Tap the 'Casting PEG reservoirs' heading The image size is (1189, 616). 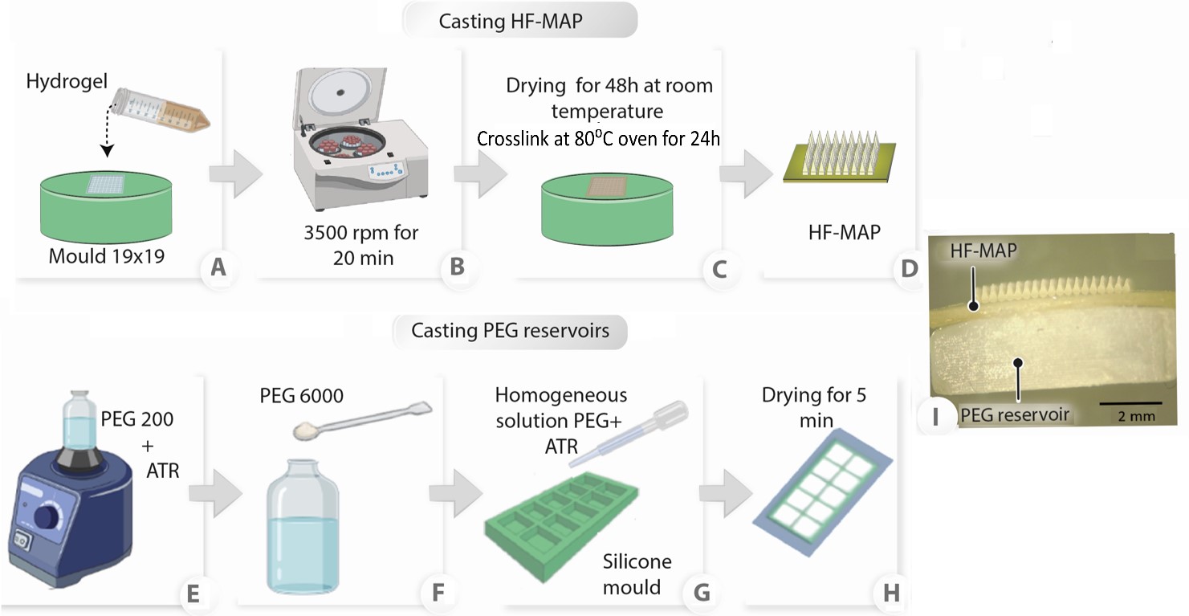click(510, 330)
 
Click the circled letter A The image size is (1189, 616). click(217, 267)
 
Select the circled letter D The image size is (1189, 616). click(909, 268)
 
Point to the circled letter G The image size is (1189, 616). click(700, 593)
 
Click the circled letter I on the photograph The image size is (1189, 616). click(936, 416)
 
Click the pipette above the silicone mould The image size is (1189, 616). click(626, 434)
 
